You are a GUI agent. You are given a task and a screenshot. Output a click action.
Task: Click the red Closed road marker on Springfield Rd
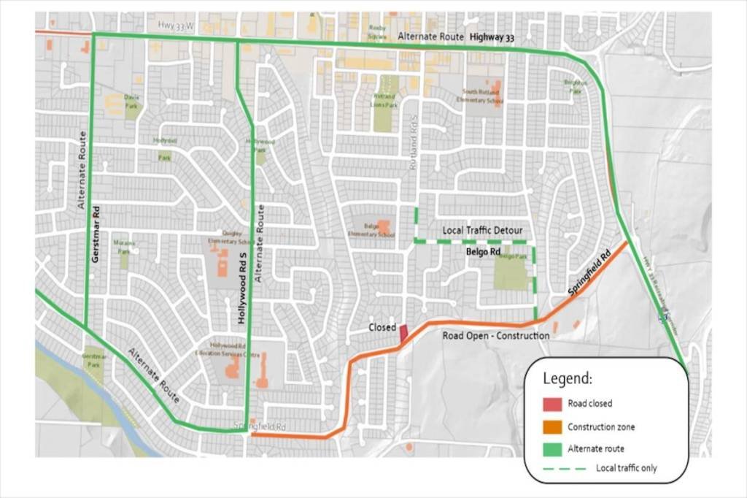(x=403, y=333)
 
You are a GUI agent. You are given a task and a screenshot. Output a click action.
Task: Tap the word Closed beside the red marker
(x=382, y=328)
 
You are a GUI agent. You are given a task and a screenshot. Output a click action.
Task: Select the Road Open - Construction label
(x=496, y=336)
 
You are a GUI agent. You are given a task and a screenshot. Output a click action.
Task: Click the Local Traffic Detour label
(x=482, y=230)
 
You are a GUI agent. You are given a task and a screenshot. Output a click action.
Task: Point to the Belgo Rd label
(x=483, y=251)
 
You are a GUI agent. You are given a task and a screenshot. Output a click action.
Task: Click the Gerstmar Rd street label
(x=96, y=238)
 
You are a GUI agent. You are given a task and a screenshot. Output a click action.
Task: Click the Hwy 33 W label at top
(x=176, y=26)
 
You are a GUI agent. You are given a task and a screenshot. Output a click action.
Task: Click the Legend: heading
(x=568, y=379)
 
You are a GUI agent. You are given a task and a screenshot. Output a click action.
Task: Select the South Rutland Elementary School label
(x=481, y=96)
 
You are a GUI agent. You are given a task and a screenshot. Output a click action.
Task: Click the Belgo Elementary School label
(x=379, y=230)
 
